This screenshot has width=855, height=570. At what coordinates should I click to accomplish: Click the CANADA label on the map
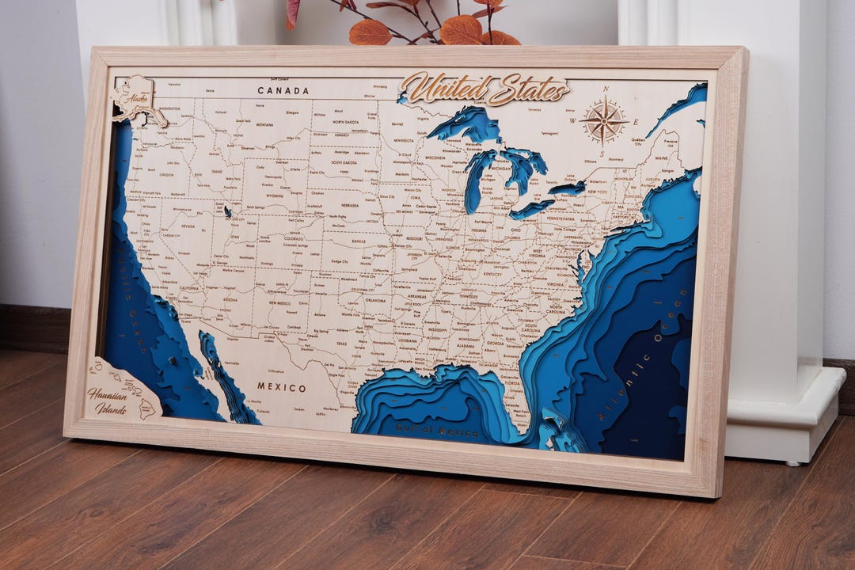(283, 90)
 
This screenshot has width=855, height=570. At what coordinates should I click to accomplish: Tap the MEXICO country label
(281, 387)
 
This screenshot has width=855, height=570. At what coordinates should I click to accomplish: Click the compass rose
(603, 121)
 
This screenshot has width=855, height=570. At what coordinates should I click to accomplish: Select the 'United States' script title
(484, 88)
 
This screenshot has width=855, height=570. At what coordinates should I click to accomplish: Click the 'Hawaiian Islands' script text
(107, 401)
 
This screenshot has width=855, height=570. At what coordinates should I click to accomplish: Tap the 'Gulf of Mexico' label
(437, 431)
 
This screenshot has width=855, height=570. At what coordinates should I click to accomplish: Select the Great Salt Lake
(228, 211)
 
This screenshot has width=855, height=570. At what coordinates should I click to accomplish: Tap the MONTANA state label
(264, 124)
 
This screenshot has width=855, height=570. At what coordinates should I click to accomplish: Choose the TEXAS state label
(341, 344)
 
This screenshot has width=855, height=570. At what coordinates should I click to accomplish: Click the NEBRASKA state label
(350, 203)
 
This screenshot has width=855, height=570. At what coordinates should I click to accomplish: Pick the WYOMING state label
(274, 195)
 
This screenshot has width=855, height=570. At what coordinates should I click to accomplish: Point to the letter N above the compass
(606, 89)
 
